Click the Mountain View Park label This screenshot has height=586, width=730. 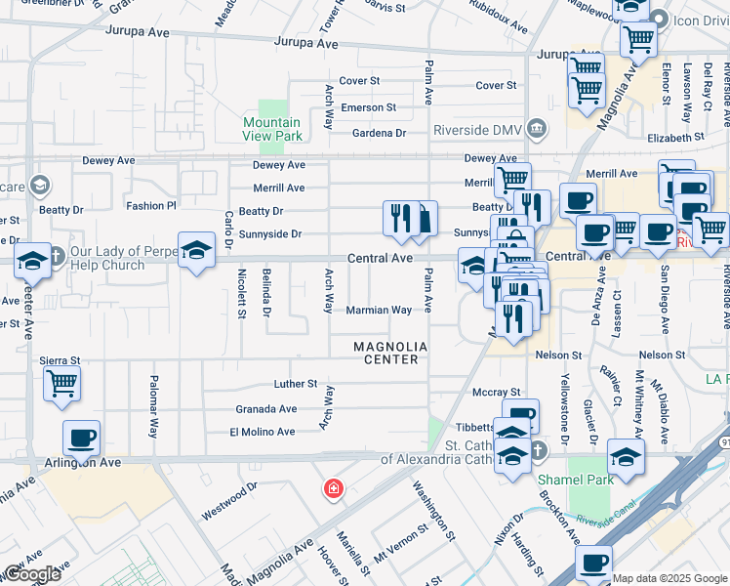[x=272, y=129]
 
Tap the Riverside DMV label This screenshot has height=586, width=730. [x=481, y=129]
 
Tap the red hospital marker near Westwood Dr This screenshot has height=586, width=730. [x=334, y=487]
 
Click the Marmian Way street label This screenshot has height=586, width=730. [x=379, y=311]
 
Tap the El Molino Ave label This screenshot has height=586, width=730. [x=262, y=432]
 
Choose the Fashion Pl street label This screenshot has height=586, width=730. [x=150, y=206]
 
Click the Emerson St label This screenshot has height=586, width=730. [x=367, y=107]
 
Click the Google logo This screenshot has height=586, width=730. [x=31, y=574]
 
